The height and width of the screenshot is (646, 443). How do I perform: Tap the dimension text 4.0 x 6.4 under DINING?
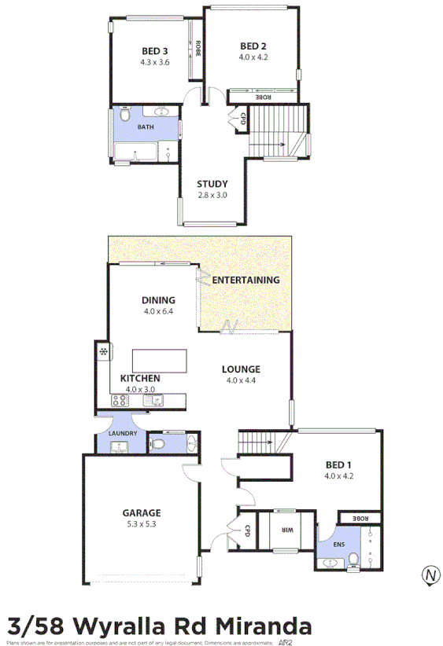click(x=158, y=311)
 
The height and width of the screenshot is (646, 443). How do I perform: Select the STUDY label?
click(x=212, y=185)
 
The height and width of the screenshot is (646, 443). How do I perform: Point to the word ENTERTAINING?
click(x=245, y=280)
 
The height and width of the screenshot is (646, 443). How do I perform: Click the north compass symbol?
click(x=430, y=574)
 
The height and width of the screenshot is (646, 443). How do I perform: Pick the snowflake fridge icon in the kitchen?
click(x=102, y=351)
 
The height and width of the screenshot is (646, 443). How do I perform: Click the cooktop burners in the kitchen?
click(x=120, y=401)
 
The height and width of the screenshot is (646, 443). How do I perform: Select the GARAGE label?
click(x=142, y=512)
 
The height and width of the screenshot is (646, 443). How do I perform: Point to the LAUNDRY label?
click(x=124, y=434)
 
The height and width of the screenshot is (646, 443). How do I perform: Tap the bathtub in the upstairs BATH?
click(x=135, y=152)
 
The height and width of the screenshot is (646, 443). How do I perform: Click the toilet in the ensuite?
click(x=355, y=559)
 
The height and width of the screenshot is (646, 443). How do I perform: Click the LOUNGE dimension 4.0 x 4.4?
click(x=240, y=380)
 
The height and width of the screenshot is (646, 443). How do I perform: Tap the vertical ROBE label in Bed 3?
click(x=198, y=49)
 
